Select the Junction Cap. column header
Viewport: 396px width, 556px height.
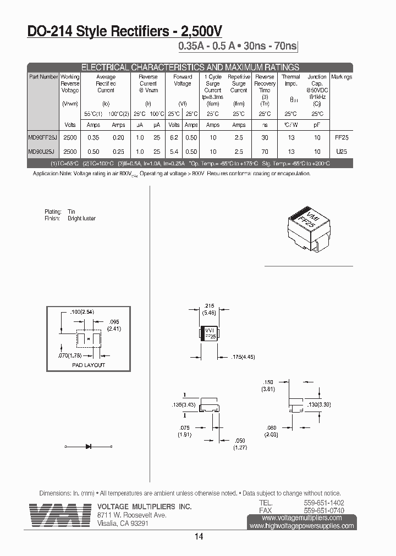point(317,80)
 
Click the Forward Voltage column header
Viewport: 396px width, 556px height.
point(183,80)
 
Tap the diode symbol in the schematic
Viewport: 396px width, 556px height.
point(88,446)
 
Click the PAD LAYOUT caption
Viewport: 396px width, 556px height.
point(89,365)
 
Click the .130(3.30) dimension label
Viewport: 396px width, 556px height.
point(335,404)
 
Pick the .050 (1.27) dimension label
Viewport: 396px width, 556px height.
point(239,444)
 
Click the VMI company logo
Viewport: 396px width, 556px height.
point(60,514)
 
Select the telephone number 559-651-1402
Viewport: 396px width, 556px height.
point(324,503)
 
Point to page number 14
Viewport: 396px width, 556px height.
point(199,537)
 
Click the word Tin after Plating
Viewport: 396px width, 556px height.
point(71,212)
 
